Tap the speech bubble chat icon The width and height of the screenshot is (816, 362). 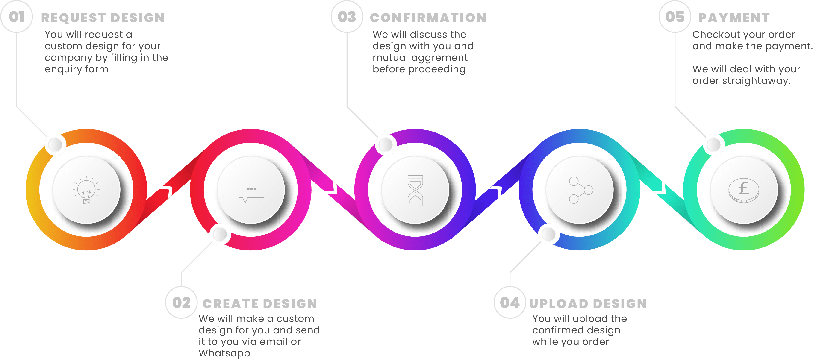[251, 190]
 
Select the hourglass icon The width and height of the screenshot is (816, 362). [415, 190]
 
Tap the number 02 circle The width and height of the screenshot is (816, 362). [181, 303]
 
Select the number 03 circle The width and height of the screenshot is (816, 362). [347, 17]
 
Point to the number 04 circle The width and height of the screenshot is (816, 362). [510, 303]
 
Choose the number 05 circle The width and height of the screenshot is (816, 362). [675, 17]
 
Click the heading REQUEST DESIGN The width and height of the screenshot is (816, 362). [103, 18]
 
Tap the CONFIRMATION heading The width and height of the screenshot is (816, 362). [428, 18]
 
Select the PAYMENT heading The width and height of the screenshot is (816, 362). [734, 18]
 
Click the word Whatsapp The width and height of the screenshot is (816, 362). [224, 353]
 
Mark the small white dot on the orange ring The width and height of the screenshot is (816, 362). [56, 145]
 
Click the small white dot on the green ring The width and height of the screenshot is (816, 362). [714, 145]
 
